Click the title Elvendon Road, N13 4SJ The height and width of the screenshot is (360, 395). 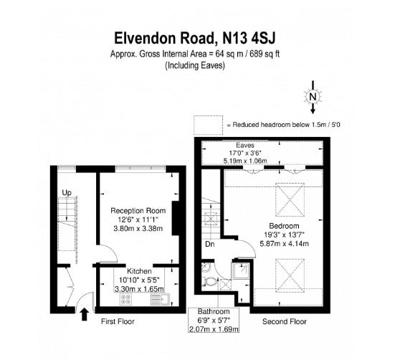pyautogui.click(x=195, y=38)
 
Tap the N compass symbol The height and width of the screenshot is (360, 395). pyautogui.click(x=313, y=97)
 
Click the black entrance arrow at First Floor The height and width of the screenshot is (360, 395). pyautogui.click(x=85, y=314)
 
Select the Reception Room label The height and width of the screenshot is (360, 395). pyautogui.click(x=138, y=211)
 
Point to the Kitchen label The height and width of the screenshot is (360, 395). pyautogui.click(x=139, y=271)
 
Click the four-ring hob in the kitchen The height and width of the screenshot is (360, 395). pyautogui.click(x=125, y=299)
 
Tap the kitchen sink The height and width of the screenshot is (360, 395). pyautogui.click(x=161, y=299)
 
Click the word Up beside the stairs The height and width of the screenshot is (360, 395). pyautogui.click(x=67, y=193)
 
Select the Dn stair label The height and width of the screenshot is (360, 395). pyautogui.click(x=209, y=244)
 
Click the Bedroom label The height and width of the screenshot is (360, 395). pyautogui.click(x=284, y=226)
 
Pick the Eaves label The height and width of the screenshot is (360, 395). pyautogui.click(x=245, y=146)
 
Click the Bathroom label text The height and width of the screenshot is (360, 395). pyautogui.click(x=214, y=311)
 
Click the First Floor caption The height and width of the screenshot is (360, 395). pyautogui.click(x=118, y=321)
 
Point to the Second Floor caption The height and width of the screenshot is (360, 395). pyautogui.click(x=285, y=321)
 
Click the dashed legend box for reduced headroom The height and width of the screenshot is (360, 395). pyautogui.click(x=209, y=125)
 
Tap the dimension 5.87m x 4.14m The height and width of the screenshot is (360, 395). pyautogui.click(x=284, y=244)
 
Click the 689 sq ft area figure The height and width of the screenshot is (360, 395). pyautogui.click(x=265, y=54)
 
